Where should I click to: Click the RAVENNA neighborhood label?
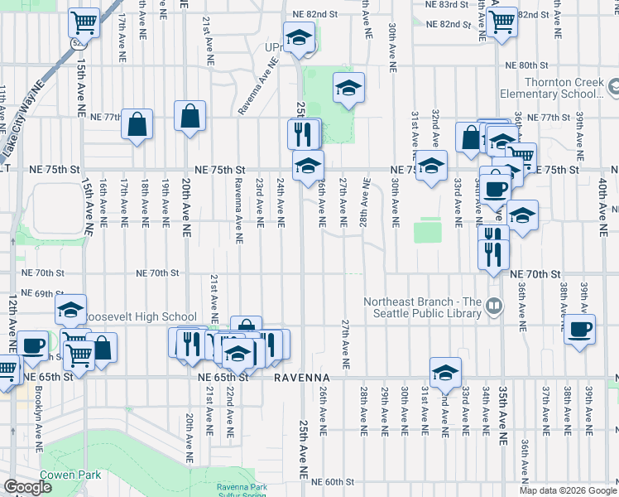tap(302, 377)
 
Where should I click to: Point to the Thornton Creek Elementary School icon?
tap(613, 86)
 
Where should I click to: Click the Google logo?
tap(29, 487)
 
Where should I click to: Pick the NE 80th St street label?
tap(528, 65)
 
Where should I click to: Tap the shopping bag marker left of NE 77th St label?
tap(137, 124)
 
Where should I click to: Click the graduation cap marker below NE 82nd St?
tap(299, 37)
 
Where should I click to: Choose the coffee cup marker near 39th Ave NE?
tap(579, 330)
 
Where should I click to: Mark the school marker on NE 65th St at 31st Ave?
tap(445, 373)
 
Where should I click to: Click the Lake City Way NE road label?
tap(22, 109)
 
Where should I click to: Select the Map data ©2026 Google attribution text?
tap(567, 490)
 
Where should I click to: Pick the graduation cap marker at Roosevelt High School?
tap(71, 311)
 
